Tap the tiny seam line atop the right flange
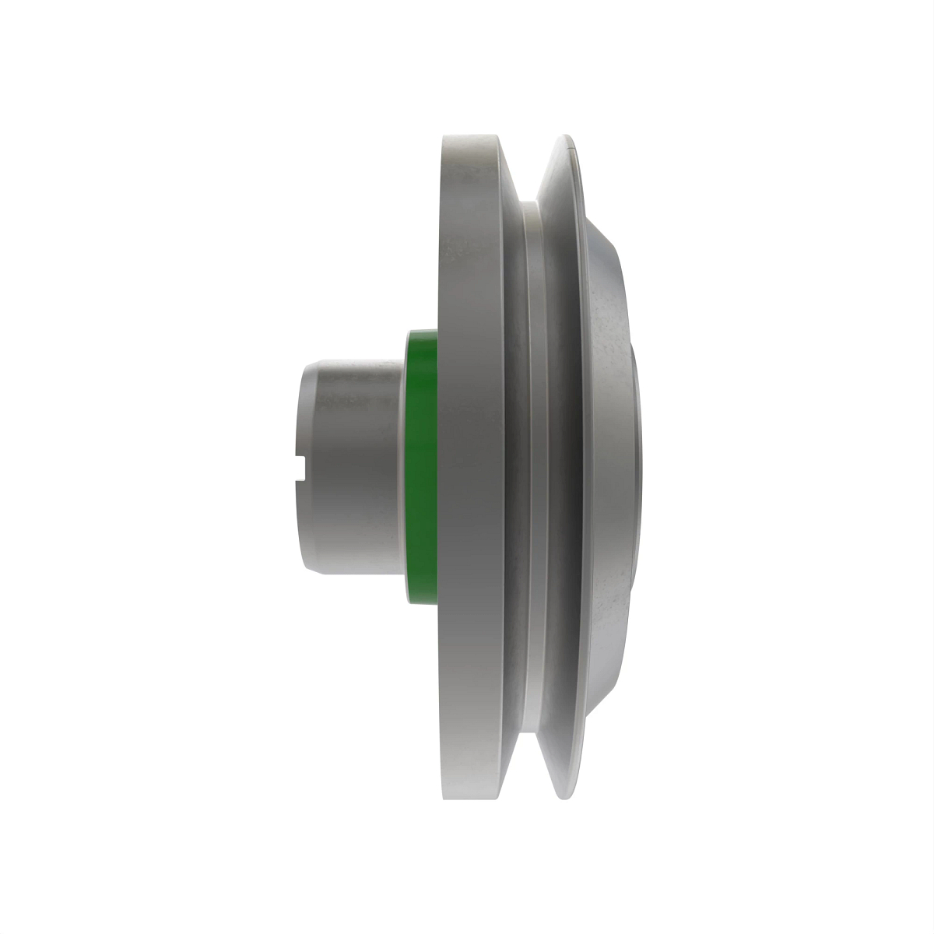(x=573, y=145)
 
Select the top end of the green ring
(x=421, y=332)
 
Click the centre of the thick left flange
(x=471, y=467)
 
